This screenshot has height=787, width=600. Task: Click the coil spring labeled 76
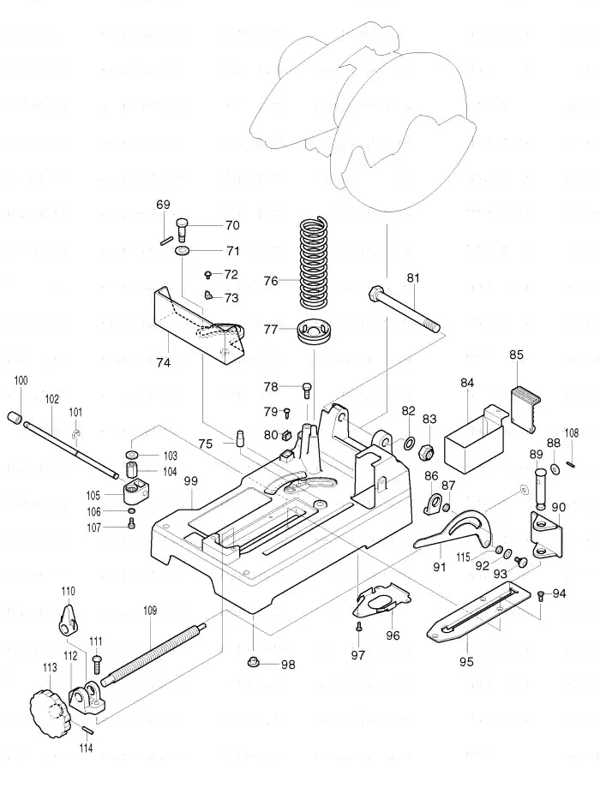coord(314,263)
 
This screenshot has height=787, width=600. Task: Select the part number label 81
coord(413,278)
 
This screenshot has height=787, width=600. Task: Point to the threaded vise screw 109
coord(153,653)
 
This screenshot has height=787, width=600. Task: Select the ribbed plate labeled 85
coord(525,409)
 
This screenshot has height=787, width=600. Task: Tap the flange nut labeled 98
coord(255,663)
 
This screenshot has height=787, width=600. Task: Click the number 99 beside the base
coord(191,481)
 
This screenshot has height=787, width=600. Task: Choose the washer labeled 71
coord(182,250)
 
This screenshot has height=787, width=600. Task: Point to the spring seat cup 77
coord(314,331)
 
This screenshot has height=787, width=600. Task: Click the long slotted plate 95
coord(478,611)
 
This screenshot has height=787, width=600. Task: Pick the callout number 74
coord(164,362)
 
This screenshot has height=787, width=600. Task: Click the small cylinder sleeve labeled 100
coord(15,418)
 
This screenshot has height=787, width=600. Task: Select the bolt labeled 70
coord(182,229)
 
